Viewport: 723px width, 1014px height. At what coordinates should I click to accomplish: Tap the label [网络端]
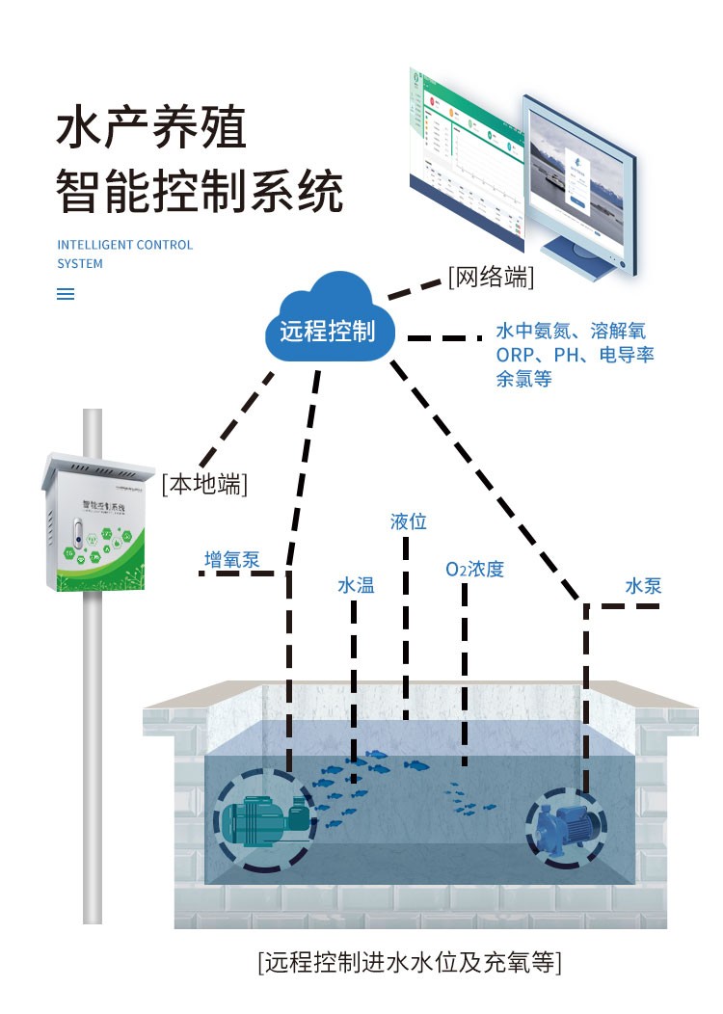click(491, 278)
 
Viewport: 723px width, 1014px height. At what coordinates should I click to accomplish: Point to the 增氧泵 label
click(231, 560)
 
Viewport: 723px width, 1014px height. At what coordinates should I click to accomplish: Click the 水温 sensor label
click(356, 585)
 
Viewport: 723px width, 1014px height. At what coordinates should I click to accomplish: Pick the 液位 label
click(408, 521)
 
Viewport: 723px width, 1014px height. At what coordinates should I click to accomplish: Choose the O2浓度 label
click(474, 570)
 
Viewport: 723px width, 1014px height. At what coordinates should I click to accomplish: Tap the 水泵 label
click(643, 586)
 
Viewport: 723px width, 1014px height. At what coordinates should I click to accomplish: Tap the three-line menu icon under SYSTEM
click(66, 295)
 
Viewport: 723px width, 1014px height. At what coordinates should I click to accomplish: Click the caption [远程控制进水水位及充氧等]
click(409, 962)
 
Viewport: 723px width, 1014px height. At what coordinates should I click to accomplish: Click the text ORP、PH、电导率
click(575, 355)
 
